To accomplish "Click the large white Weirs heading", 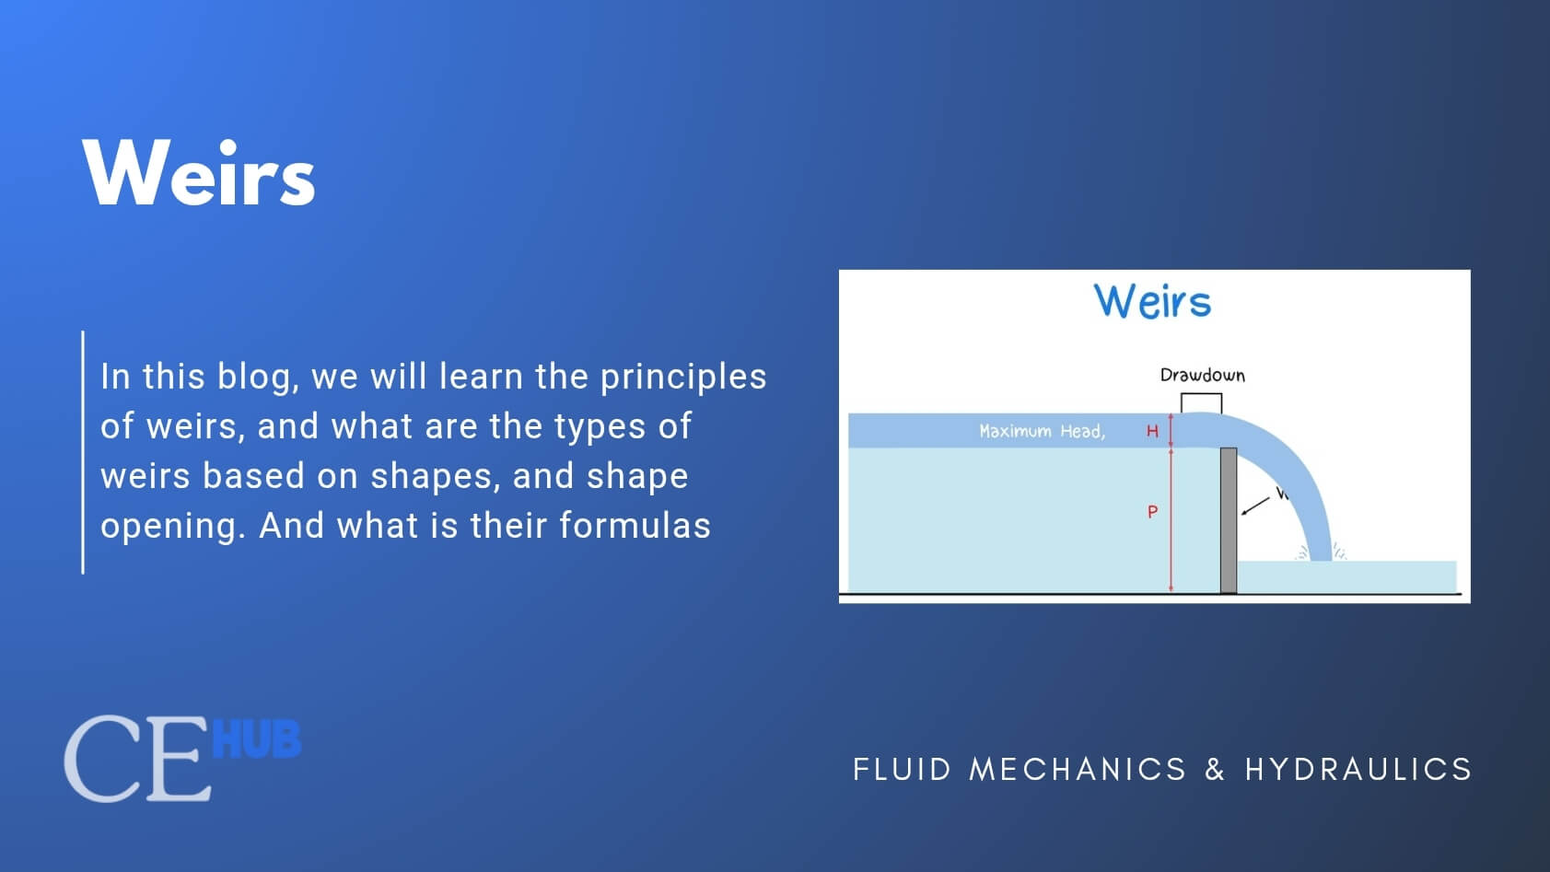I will tap(199, 173).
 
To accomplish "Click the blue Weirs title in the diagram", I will tap(1152, 301).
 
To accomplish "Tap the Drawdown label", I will tap(1202, 375).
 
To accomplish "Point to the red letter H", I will tap(1152, 431).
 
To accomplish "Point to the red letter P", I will tap(1152, 512).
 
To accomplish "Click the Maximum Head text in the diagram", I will tap(1041, 431).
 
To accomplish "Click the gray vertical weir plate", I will tap(1228, 520).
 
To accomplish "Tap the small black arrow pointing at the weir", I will tap(1254, 506).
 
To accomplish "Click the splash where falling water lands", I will tap(1321, 554).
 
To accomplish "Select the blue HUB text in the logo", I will tap(256, 739).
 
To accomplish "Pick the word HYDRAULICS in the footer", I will tap(1358, 769).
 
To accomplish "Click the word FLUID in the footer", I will tap(902, 769).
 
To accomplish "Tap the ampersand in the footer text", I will tap(1215, 769).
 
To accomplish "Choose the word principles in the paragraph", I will tap(682, 377).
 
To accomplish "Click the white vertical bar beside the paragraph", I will tap(83, 452).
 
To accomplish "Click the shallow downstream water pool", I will tap(1381, 576).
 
